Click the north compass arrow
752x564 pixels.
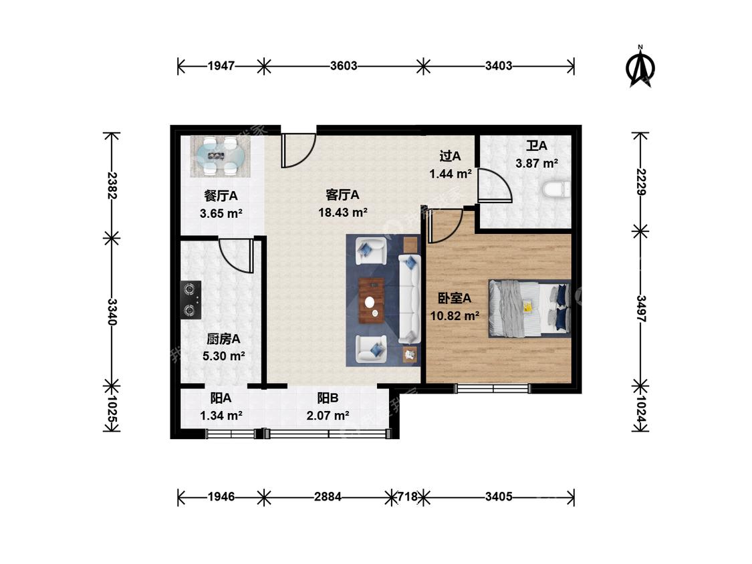pyautogui.click(x=640, y=67)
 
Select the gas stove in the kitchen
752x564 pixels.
pyautogui.click(x=191, y=300)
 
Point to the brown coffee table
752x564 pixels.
pyautogui.click(x=371, y=301)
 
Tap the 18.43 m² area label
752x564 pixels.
pyautogui.click(x=343, y=212)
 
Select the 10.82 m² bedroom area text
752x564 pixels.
pyautogui.click(x=455, y=315)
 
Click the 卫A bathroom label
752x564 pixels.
pyautogui.click(x=537, y=145)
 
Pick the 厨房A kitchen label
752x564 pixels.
pyautogui.click(x=223, y=339)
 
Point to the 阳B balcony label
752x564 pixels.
pyautogui.click(x=328, y=398)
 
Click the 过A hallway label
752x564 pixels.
pyautogui.click(x=451, y=156)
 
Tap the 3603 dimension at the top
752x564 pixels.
pyautogui.click(x=344, y=65)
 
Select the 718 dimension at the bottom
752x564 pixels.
pyautogui.click(x=408, y=497)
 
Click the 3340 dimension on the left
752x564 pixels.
pyautogui.click(x=112, y=312)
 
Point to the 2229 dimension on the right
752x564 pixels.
pyautogui.click(x=641, y=182)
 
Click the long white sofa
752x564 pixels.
pyautogui.click(x=410, y=299)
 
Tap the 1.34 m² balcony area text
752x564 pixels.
pyautogui.click(x=221, y=416)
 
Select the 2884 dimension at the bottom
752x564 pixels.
pyautogui.click(x=328, y=497)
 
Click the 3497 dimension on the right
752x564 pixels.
pyautogui.click(x=641, y=308)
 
